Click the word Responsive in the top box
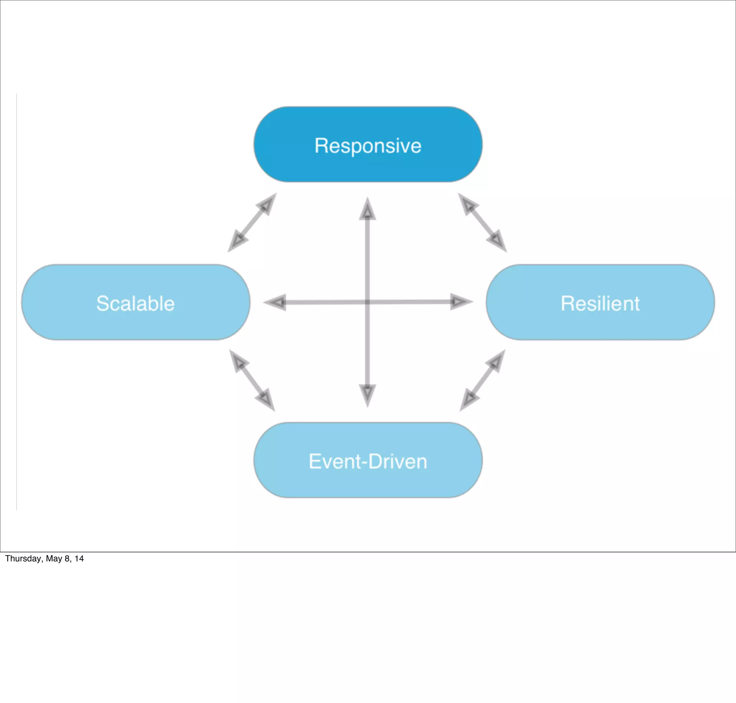click(368, 146)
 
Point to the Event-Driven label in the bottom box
click(368, 461)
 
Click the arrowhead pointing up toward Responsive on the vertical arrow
click(367, 210)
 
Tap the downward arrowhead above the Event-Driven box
click(367, 394)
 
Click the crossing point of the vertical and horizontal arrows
click(367, 302)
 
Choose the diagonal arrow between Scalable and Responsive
click(252, 222)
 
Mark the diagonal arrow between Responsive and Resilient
click(483, 222)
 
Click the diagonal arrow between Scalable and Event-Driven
click(252, 380)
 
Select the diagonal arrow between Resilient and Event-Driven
click(483, 380)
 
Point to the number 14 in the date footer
click(79, 559)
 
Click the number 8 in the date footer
click(67, 559)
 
